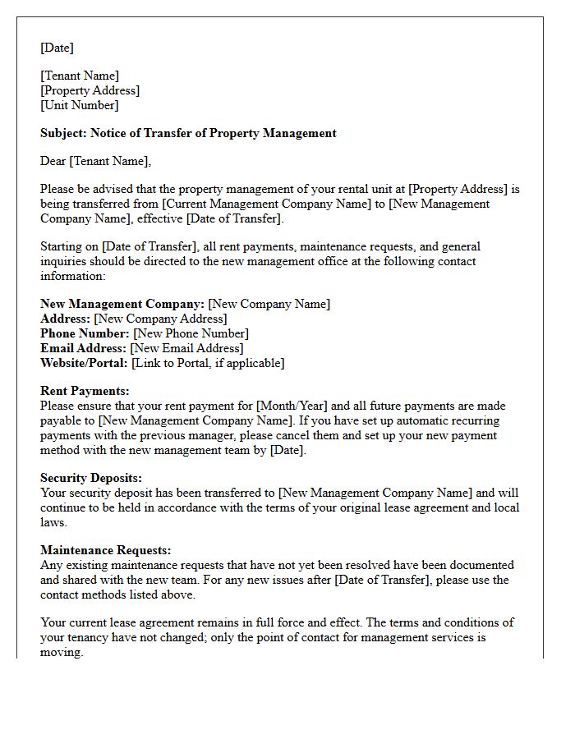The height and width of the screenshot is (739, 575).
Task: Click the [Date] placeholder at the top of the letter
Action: [x=57, y=48]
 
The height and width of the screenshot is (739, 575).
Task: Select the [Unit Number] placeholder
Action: [x=80, y=105]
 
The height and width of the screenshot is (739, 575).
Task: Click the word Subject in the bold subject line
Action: [x=62, y=133]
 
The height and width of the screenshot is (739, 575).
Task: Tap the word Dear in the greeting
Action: [x=54, y=161]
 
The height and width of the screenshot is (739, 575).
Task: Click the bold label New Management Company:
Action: [x=122, y=304]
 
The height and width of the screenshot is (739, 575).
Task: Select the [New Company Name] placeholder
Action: [x=269, y=304]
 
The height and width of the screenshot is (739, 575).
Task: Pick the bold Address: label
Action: [x=65, y=319]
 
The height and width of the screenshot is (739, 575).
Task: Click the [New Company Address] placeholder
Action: [x=160, y=319]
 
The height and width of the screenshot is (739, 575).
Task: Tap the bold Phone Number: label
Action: [x=85, y=333]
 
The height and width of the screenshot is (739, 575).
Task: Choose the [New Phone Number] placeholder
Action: [x=191, y=333]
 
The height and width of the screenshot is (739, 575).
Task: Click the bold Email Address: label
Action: [x=83, y=348]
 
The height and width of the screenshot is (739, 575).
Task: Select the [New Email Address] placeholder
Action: [x=187, y=348]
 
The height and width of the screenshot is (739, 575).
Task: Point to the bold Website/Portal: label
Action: [x=84, y=363]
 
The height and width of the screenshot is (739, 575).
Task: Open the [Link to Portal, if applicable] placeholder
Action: [x=208, y=363]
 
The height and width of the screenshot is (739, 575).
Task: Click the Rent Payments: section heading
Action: [x=85, y=391]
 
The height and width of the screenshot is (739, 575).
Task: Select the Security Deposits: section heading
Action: [x=91, y=478]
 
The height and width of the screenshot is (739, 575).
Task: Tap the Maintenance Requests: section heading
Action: [x=105, y=550]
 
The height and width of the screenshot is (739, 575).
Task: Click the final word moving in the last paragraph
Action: [x=61, y=652]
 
